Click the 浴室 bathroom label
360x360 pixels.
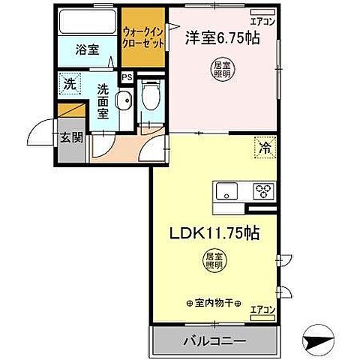pos(88,50)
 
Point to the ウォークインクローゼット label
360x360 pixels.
pos(143,38)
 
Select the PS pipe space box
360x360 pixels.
pos(126,76)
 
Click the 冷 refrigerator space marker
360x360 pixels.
pos(265,148)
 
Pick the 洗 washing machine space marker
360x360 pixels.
pos(68,85)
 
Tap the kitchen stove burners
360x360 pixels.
pos(263,190)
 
